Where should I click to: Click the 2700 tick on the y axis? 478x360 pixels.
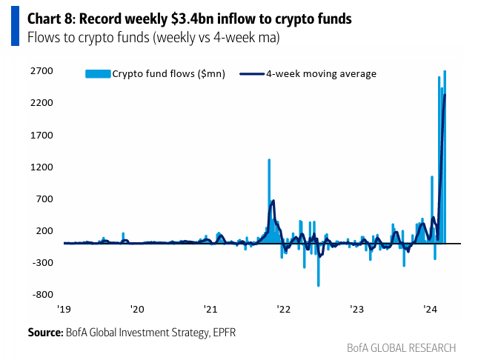[41, 71]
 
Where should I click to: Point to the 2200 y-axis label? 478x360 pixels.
[41, 103]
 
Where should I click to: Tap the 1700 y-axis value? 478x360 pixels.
[41, 135]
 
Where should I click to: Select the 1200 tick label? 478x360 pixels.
[41, 167]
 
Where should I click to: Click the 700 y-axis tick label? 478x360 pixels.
[43, 199]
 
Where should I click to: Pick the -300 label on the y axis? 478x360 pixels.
[42, 262]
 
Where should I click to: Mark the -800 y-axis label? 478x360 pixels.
[42, 294]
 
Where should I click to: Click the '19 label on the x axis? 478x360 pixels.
[64, 308]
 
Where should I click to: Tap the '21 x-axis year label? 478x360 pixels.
[210, 308]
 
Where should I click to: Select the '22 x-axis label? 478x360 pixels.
[283, 308]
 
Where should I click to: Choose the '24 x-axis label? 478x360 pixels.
[430, 308]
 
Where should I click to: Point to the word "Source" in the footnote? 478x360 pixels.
[44, 333]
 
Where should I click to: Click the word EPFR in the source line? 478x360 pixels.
[221, 333]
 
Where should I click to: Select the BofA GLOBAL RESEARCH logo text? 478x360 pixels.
[401, 347]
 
